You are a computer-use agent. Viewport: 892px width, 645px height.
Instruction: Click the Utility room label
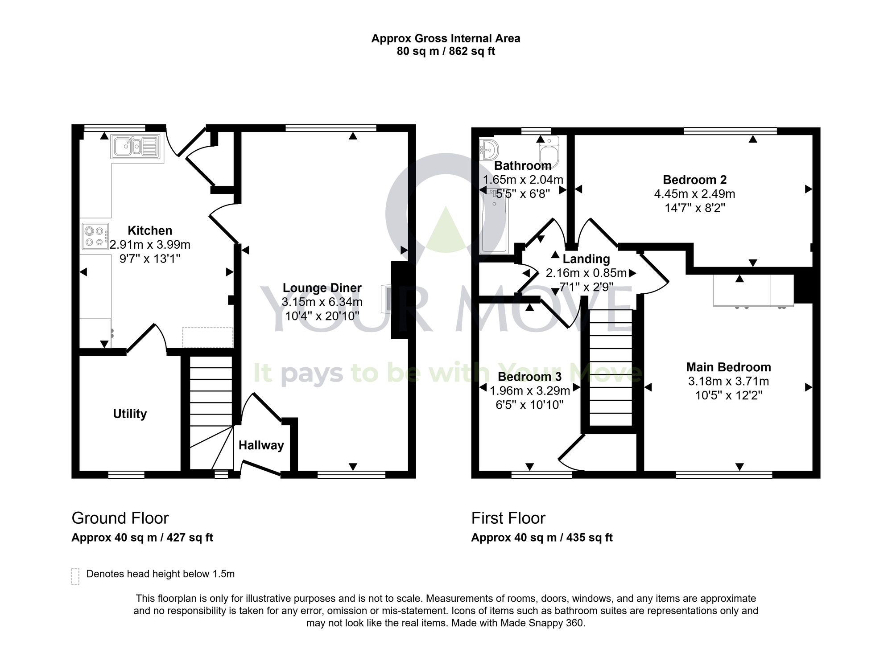(x=130, y=414)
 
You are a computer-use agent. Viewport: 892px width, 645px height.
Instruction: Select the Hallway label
(x=261, y=445)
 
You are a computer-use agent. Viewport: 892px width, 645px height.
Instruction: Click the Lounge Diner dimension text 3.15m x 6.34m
(x=322, y=302)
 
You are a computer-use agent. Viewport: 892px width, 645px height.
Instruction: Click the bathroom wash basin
(x=489, y=150)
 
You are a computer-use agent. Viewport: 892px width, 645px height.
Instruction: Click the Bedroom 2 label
(x=694, y=180)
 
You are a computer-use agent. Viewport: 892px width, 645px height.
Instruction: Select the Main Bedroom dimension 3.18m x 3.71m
(x=728, y=382)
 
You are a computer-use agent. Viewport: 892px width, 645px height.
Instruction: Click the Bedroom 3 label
(x=529, y=377)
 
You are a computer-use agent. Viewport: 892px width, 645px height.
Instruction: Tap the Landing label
(x=586, y=259)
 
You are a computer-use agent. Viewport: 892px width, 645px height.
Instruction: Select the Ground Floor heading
(x=120, y=518)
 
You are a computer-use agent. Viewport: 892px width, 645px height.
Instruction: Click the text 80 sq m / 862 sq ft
(x=446, y=51)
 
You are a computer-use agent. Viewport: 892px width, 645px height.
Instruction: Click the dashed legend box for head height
(x=75, y=576)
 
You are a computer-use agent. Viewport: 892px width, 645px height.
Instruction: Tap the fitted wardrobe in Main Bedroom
(x=753, y=291)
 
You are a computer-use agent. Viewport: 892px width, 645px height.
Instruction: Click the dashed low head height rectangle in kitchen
(x=207, y=337)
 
